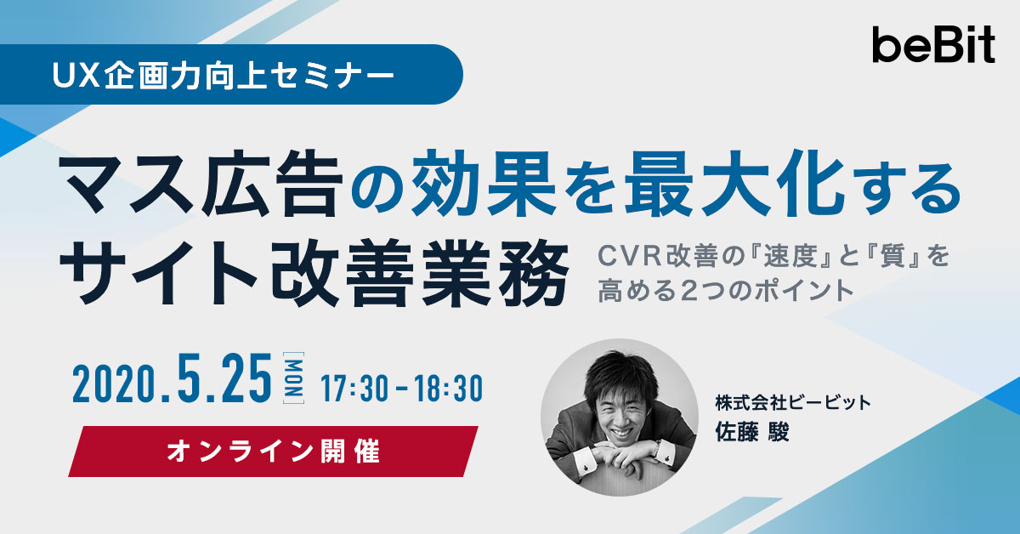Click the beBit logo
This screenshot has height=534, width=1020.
tap(933, 45)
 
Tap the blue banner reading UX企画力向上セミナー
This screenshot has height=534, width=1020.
tap(231, 74)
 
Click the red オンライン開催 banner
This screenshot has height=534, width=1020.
tap(273, 452)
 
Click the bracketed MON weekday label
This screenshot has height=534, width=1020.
tap(294, 378)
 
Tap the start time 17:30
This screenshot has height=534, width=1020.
tap(354, 389)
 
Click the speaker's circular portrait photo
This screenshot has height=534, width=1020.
tap(620, 418)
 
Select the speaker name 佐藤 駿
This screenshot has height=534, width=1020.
tap(751, 431)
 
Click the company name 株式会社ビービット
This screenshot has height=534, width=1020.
tap(793, 403)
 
